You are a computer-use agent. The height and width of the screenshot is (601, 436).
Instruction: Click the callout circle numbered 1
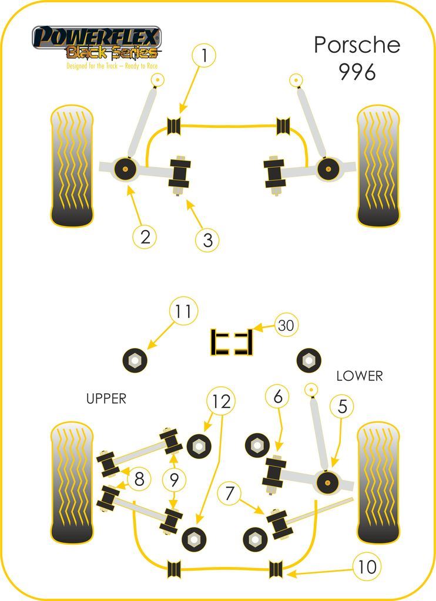click(x=203, y=56)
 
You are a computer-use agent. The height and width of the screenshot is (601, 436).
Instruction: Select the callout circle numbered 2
click(x=145, y=237)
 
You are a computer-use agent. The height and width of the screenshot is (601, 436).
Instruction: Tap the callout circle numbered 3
click(x=207, y=239)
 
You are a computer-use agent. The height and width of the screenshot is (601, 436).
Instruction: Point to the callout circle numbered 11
click(x=184, y=312)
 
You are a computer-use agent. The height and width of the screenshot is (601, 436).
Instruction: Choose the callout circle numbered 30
click(x=286, y=325)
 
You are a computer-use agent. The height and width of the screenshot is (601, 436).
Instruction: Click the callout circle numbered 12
click(x=221, y=401)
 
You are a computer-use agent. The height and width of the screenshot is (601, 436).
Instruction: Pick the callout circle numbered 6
click(x=277, y=397)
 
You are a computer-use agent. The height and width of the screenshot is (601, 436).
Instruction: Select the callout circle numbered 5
click(x=342, y=406)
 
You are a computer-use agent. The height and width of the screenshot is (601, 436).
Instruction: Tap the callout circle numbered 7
click(x=230, y=493)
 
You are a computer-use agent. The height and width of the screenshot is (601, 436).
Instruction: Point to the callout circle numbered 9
click(x=174, y=481)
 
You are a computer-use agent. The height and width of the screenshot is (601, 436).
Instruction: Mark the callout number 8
click(x=139, y=480)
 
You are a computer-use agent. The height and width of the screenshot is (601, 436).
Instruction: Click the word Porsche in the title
click(x=357, y=45)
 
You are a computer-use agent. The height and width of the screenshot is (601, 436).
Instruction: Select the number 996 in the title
click(x=357, y=72)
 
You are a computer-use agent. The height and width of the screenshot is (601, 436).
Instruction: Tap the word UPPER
click(x=106, y=399)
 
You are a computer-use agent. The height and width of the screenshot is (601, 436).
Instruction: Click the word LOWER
click(x=359, y=376)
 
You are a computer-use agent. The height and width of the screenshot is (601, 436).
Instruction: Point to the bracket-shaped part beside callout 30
click(x=232, y=342)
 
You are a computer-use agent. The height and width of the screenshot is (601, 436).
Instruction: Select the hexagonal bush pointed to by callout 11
click(x=133, y=359)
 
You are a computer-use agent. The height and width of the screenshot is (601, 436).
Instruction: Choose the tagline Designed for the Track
click(x=96, y=66)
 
